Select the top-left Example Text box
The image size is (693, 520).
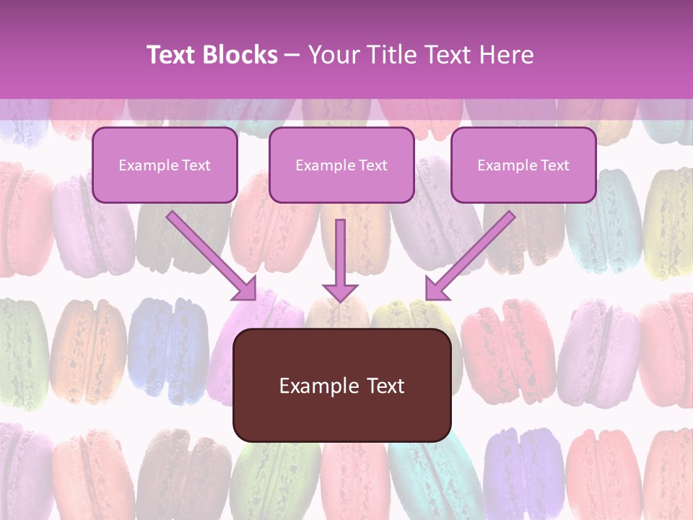[x=165, y=165]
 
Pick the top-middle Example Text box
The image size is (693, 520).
[x=341, y=165]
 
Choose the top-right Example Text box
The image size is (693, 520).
[x=523, y=165]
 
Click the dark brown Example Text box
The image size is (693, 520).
[x=342, y=385]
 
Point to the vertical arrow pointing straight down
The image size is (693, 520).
[x=340, y=256]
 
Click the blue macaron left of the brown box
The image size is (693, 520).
[x=168, y=350]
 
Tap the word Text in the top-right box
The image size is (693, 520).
[x=554, y=165]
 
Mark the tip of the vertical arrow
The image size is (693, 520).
[x=340, y=300]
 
